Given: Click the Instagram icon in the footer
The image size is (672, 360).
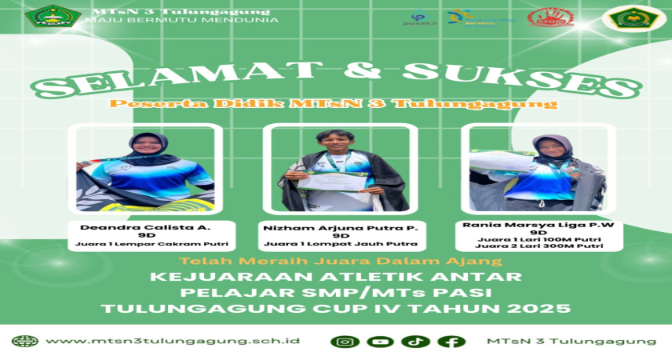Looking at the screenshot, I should pos(345,342).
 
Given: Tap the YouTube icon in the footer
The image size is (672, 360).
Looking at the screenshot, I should pos(380,342).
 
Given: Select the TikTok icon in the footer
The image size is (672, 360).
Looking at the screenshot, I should pos(415,342).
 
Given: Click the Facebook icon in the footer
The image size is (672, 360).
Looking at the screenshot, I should pos(450,342).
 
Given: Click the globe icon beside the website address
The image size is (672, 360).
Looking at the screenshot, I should pos(25,341).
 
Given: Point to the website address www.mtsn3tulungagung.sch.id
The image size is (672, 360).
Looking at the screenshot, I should pos(172,341).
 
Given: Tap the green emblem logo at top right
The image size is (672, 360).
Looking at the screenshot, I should pos(634,18).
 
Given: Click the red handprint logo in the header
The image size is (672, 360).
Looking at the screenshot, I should pos(550,18).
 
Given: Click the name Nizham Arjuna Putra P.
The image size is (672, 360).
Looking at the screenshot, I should pos(341,227).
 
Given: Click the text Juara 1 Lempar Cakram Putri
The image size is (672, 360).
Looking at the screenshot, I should pos(151,244).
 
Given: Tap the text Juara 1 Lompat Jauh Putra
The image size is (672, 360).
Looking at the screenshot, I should pos(341,244).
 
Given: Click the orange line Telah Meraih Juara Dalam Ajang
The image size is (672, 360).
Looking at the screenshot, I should pos(341,261).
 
